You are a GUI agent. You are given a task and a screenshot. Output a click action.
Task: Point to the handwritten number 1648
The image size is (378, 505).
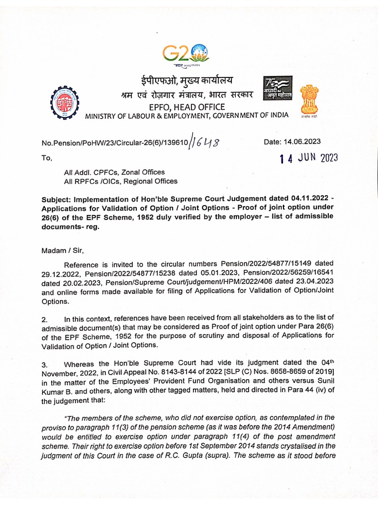205,143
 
